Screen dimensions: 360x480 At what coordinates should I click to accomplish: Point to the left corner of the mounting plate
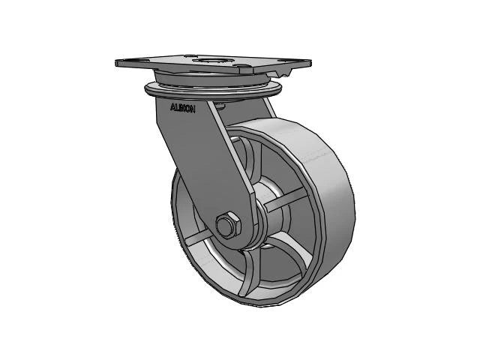pos(118,61)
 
